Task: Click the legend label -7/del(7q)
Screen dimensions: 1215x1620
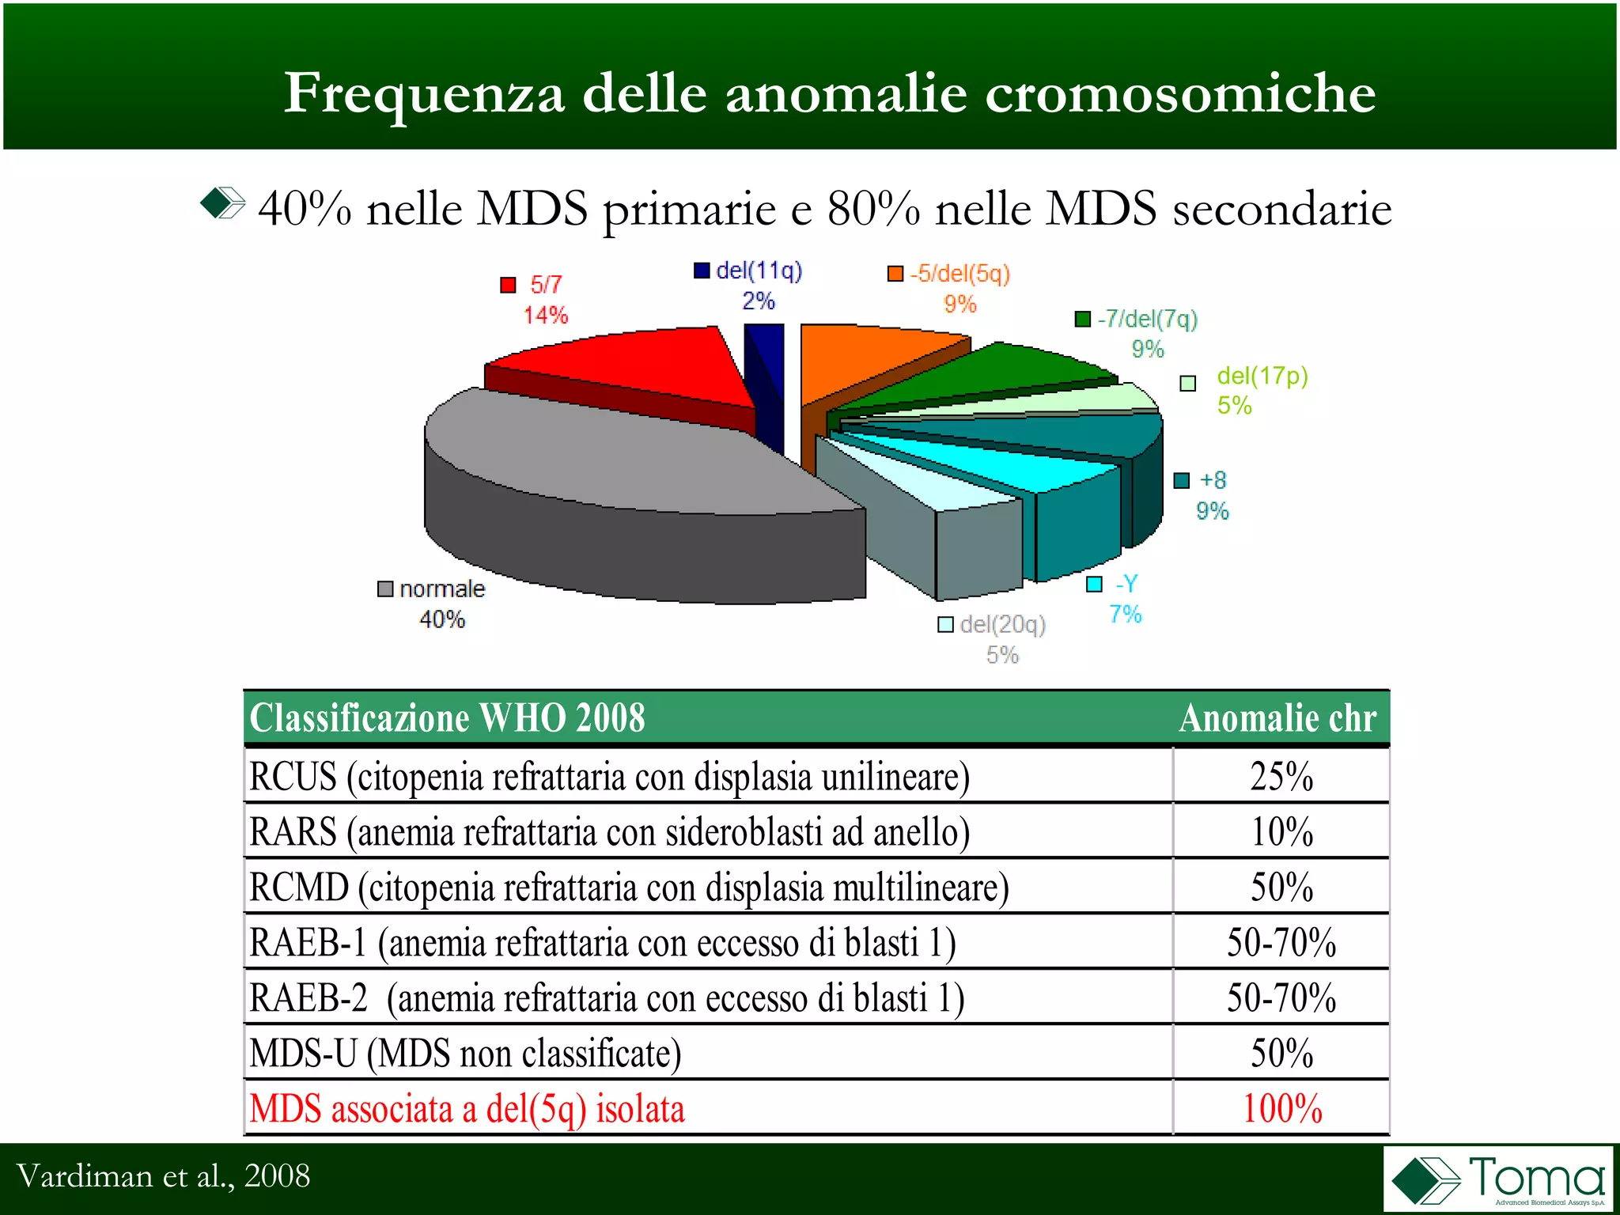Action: tap(1147, 319)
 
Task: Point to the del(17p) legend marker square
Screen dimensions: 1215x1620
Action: tap(1187, 384)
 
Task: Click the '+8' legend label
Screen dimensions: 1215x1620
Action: tap(1213, 480)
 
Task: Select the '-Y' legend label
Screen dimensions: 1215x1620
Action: tap(1126, 584)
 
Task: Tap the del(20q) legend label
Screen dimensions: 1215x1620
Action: tap(1002, 625)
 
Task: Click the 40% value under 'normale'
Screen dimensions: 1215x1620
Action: tap(441, 619)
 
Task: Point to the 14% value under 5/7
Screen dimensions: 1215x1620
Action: tap(545, 315)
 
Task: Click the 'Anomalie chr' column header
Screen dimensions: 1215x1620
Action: tap(1277, 718)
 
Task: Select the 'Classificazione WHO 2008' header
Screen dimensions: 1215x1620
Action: tap(447, 718)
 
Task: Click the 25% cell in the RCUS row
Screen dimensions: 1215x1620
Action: tap(1281, 776)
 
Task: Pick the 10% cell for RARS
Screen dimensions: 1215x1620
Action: tap(1281, 831)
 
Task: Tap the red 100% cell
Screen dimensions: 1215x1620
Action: tap(1281, 1108)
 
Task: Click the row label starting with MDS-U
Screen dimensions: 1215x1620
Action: tap(465, 1053)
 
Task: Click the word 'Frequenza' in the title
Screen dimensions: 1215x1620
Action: tap(424, 93)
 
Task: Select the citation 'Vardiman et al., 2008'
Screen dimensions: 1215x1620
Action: tap(163, 1176)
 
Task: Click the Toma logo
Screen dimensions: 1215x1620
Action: tap(1497, 1179)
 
